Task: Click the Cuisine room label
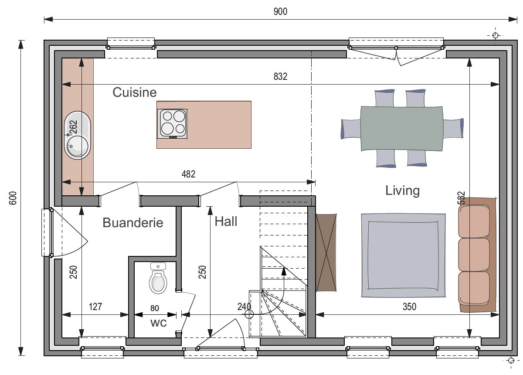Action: (x=135, y=92)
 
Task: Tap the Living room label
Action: (x=402, y=191)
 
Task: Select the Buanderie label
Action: (x=133, y=222)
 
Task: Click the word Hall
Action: (x=226, y=221)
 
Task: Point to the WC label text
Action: (x=159, y=323)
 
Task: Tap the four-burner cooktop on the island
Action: (x=172, y=123)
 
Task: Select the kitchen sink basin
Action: (x=78, y=135)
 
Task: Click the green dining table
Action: (x=401, y=129)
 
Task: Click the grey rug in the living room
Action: (x=403, y=256)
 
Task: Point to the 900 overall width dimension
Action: (x=280, y=11)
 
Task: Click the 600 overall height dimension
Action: (x=13, y=198)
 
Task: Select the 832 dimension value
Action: (x=280, y=76)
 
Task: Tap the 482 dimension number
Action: (x=188, y=174)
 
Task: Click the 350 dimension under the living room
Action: (x=409, y=307)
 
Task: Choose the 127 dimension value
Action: (x=95, y=307)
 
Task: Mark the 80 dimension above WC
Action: (x=155, y=308)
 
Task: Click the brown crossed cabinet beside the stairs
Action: (x=326, y=252)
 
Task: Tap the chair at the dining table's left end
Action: (x=351, y=129)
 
